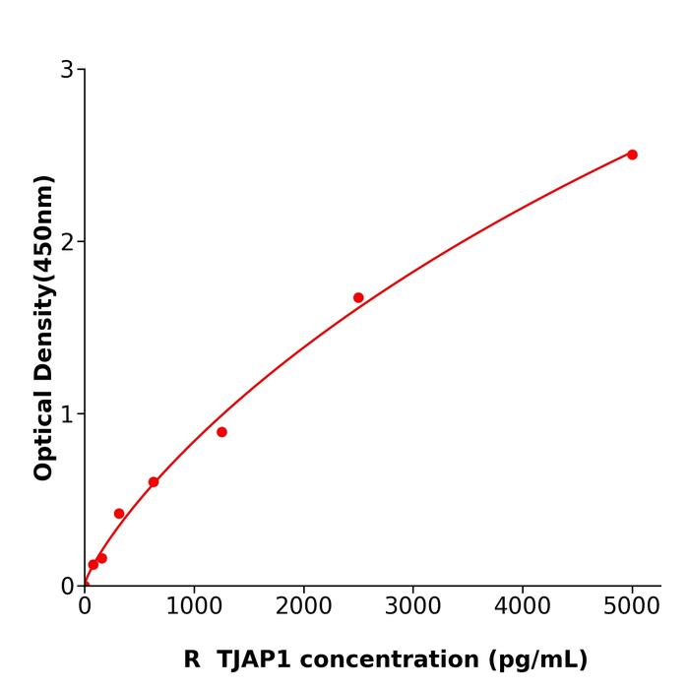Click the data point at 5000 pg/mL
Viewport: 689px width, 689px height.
[x=632, y=155]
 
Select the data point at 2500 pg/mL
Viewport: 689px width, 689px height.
[x=358, y=297]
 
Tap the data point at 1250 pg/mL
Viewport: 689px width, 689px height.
[x=221, y=432]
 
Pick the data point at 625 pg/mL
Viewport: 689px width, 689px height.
[x=154, y=482]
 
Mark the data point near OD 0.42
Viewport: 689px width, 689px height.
[x=119, y=514]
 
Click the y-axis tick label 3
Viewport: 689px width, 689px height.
[x=67, y=70]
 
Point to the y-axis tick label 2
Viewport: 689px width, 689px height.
[x=67, y=242]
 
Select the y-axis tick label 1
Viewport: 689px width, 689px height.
[x=67, y=414]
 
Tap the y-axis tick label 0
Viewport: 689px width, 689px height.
[x=67, y=587]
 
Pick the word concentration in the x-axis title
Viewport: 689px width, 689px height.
[x=399, y=659]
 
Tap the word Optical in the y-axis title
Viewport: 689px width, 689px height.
[x=43, y=434]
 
